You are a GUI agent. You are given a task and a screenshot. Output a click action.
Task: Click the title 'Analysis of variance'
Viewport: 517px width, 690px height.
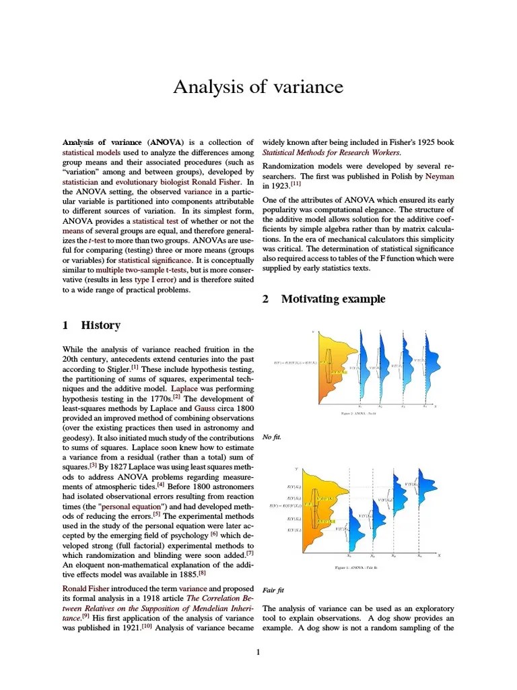tap(258, 87)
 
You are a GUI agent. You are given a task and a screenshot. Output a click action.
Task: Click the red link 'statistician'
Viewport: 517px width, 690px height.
tap(80, 182)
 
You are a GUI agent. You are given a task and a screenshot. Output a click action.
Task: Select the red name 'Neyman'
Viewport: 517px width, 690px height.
tap(440, 177)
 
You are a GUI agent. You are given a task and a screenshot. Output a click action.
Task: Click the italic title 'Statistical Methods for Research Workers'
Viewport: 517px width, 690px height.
tap(331, 152)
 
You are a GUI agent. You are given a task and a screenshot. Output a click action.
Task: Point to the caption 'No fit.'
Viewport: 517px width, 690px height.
tap(271, 437)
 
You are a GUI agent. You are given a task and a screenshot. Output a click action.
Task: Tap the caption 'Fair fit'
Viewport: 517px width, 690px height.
tap(273, 590)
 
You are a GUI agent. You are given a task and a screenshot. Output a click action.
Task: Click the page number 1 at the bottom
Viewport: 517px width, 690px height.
tap(258, 651)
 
